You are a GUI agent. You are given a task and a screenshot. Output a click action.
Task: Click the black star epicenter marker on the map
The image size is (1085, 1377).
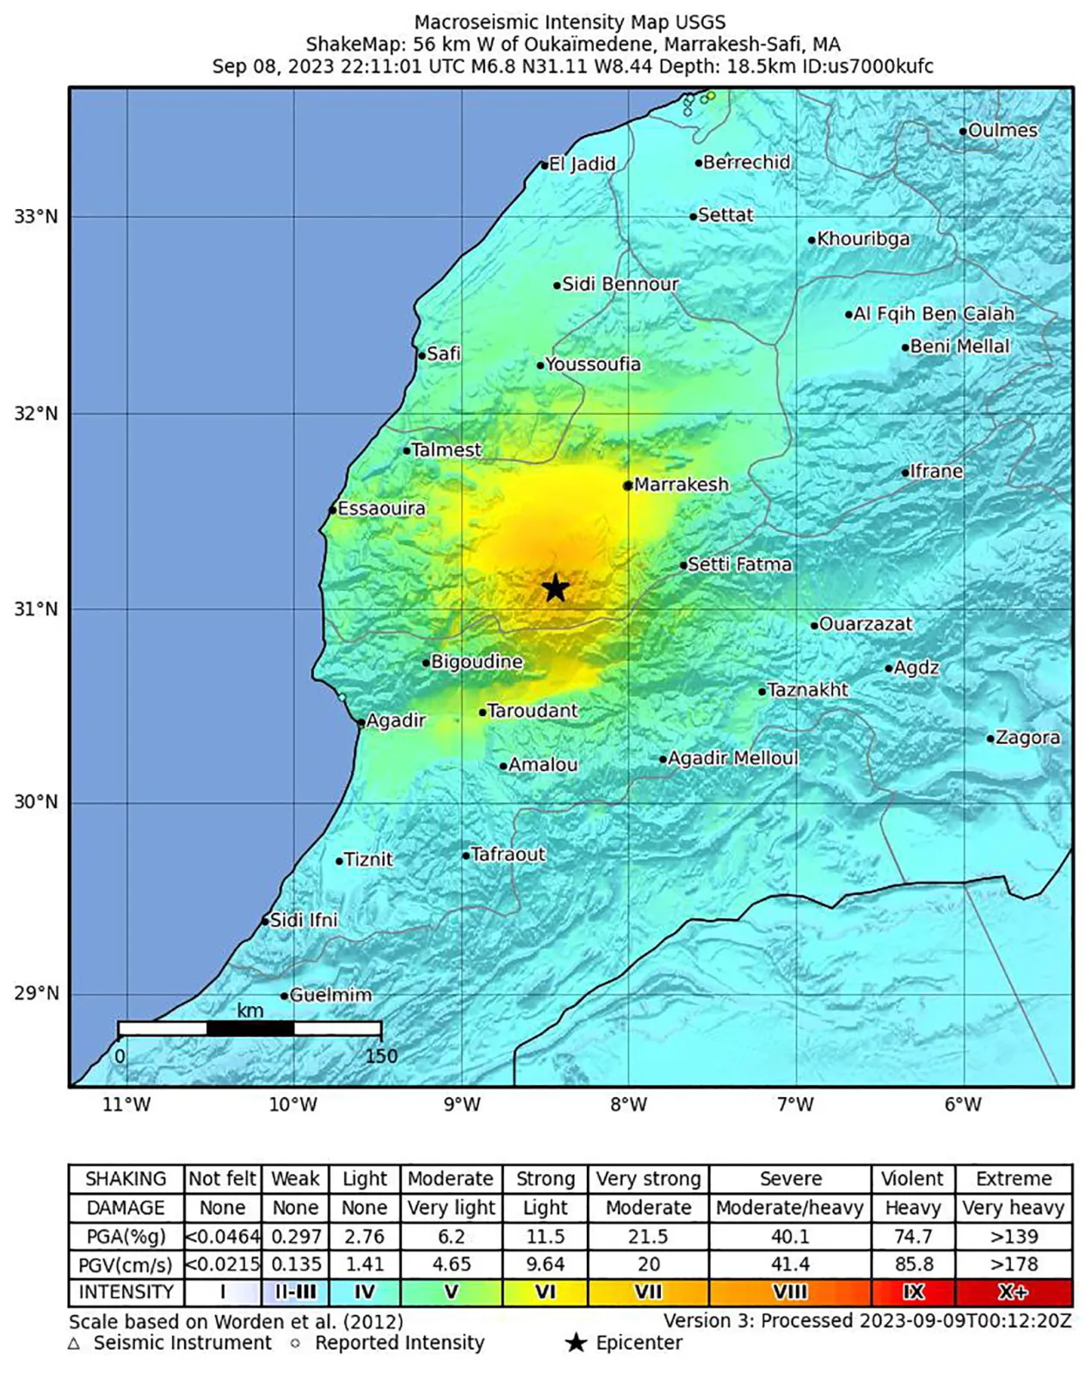coord(556,588)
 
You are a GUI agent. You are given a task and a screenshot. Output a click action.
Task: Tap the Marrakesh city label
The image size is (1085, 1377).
coord(681,485)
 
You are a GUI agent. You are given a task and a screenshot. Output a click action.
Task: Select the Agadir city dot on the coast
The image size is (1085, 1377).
coord(361,722)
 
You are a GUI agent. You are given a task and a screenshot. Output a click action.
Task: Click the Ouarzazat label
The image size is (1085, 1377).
coord(865,624)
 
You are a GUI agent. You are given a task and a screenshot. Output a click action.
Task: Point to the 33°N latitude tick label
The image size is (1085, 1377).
coord(36,217)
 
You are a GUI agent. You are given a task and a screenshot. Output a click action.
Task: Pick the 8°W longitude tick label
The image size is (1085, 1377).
coord(628,1105)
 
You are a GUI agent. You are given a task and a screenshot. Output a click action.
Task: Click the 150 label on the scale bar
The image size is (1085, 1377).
coord(381,1056)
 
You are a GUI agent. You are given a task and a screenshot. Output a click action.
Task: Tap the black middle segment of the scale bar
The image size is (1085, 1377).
coord(250,1028)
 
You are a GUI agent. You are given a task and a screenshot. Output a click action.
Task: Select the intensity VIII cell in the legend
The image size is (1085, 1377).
coord(790,1292)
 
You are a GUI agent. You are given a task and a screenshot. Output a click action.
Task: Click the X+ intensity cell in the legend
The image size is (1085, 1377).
coord(1014,1292)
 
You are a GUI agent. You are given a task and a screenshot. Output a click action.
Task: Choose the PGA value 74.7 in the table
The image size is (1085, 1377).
coord(912,1237)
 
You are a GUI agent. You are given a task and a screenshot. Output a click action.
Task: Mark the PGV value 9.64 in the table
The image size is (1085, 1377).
coord(545,1264)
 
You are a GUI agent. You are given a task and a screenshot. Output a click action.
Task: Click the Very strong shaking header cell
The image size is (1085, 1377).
coord(648,1178)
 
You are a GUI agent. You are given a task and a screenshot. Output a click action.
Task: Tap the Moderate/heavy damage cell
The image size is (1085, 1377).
coord(789,1207)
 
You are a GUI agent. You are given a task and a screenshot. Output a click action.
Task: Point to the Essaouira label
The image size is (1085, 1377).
coord(381,509)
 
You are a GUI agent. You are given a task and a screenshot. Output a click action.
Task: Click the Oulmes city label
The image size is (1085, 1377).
coord(1002,131)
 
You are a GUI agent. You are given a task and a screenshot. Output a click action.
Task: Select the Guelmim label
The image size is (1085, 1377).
coord(330,995)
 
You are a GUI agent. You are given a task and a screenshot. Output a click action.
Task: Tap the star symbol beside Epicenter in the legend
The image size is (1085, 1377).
coord(576,1343)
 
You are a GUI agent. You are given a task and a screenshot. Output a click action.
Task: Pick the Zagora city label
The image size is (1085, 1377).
coord(1027,738)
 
